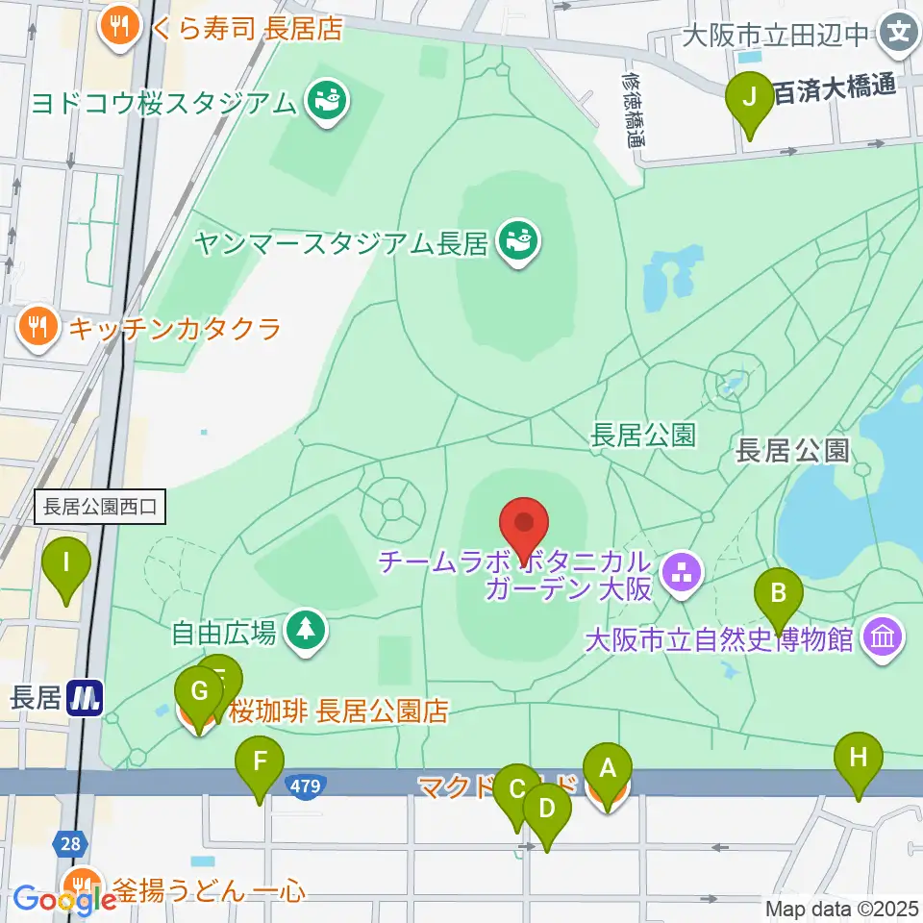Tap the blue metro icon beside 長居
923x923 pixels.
[x=87, y=697]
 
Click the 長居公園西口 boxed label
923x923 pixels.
[x=100, y=506]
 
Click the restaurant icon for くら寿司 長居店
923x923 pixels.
[x=120, y=26]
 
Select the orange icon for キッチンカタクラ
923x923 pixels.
[x=36, y=329]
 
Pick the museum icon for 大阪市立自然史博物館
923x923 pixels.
[x=883, y=637]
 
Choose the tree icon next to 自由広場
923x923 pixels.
[x=306, y=632]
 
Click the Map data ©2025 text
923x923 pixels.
[x=842, y=908]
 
